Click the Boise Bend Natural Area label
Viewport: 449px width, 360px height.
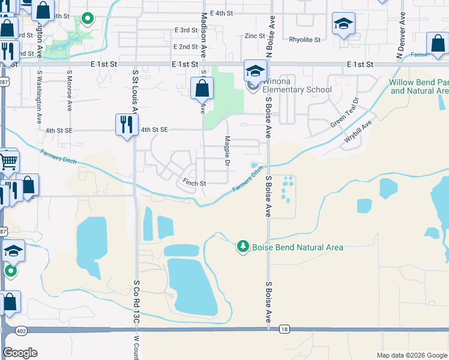[297, 247]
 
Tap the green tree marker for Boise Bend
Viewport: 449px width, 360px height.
[243, 246]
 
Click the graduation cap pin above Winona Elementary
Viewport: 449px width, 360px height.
[255, 71]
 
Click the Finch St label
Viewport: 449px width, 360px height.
[194, 183]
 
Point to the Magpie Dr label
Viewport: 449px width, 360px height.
[228, 151]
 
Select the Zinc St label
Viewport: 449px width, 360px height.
[255, 36]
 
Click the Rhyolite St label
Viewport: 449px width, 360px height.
[305, 40]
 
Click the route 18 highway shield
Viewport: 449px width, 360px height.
[284, 329]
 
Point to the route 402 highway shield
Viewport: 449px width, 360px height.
[22, 331]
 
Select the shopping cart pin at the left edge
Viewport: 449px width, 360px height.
[7, 161]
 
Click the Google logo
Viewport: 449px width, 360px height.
[20, 353]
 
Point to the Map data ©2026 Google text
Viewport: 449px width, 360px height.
[411, 355]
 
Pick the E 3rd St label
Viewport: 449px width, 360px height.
[186, 30]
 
